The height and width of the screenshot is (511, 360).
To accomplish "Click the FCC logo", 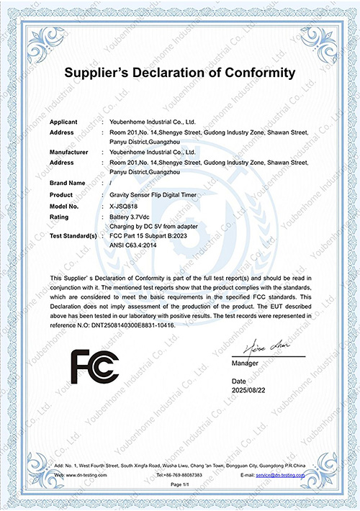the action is pyautogui.click(x=94, y=367).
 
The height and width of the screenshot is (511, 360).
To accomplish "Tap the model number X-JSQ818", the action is pyautogui.click(x=127, y=206).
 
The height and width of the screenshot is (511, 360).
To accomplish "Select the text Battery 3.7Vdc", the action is pyautogui.click(x=131, y=216).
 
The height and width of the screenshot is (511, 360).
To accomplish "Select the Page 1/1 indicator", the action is pyautogui.click(x=180, y=487).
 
